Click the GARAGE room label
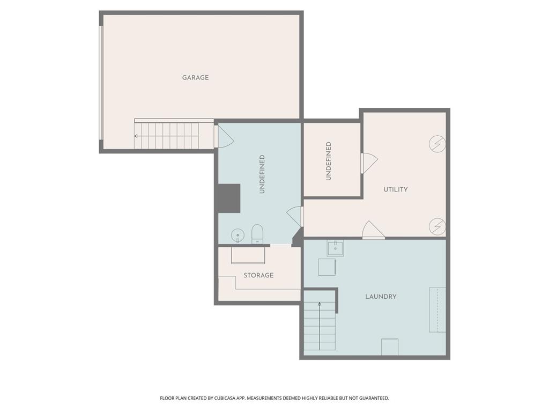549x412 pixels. pyautogui.click(x=195, y=77)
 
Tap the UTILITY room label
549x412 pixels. pyautogui.click(x=396, y=189)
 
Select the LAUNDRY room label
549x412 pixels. pyautogui.click(x=381, y=297)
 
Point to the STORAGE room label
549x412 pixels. pyautogui.click(x=258, y=275)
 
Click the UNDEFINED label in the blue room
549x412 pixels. pyautogui.click(x=262, y=174)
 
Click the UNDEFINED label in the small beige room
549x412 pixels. pyautogui.click(x=329, y=161)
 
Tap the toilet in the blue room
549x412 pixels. pyautogui.click(x=257, y=234)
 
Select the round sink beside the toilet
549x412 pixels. pyautogui.click(x=238, y=236)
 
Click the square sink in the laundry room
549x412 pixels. pyautogui.click(x=336, y=248)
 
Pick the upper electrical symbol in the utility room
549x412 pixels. pyautogui.click(x=437, y=144)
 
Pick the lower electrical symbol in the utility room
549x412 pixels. pyautogui.click(x=437, y=226)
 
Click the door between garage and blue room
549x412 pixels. pyautogui.click(x=224, y=137)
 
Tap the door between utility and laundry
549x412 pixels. pyautogui.click(x=373, y=230)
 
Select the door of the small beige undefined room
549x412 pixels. pyautogui.click(x=369, y=163)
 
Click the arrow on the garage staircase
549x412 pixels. pyautogui.click(x=167, y=136)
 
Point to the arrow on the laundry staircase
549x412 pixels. pyautogui.click(x=320, y=326)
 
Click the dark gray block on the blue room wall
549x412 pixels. pyautogui.click(x=228, y=198)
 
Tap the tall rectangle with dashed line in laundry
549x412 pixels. pyautogui.click(x=437, y=310)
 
